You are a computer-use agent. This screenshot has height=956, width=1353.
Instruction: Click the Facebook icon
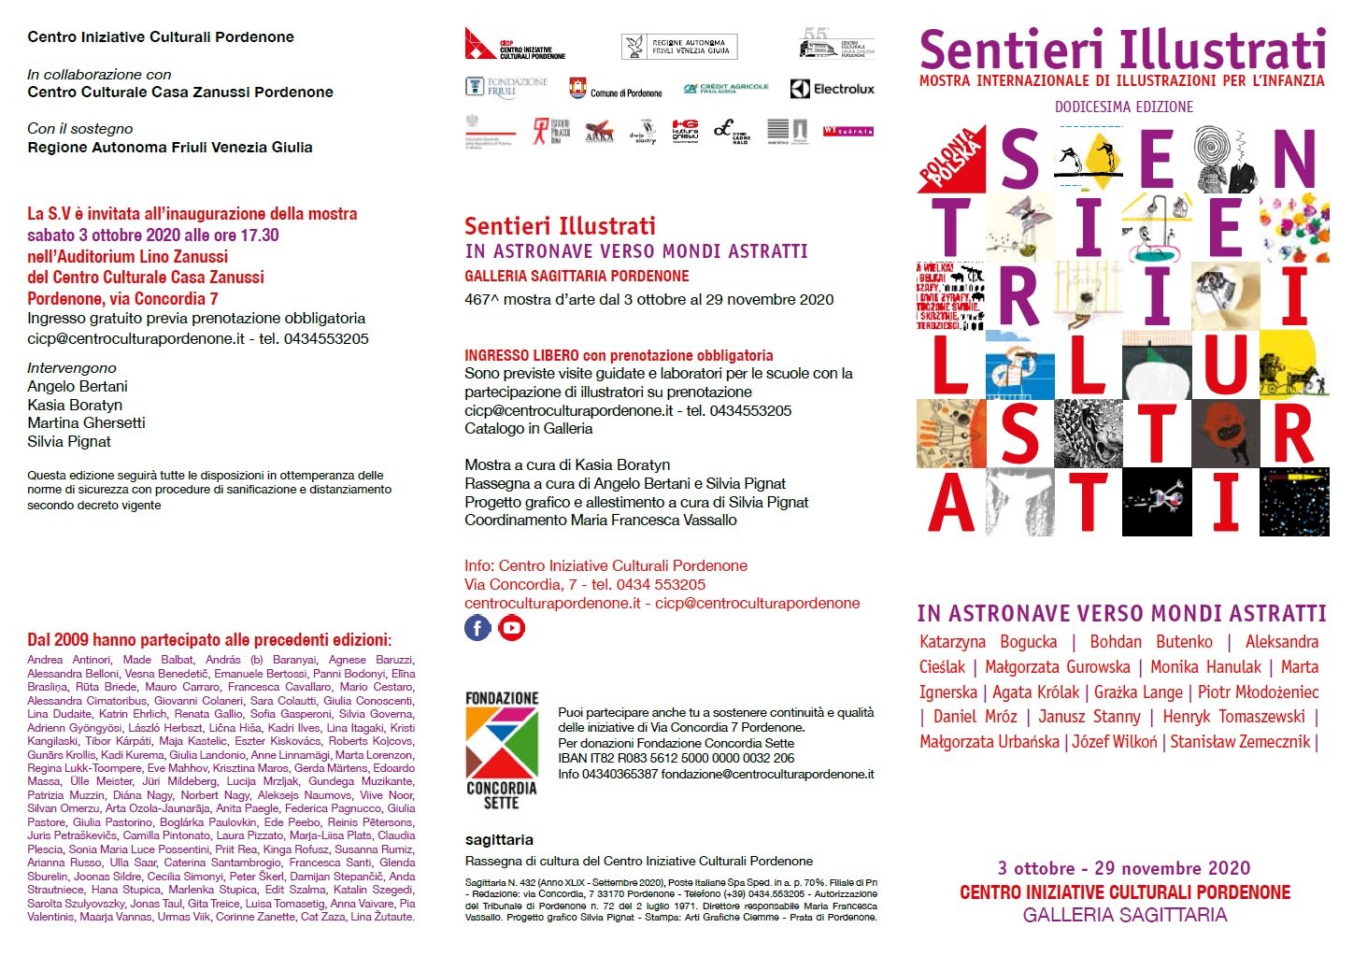tap(477, 628)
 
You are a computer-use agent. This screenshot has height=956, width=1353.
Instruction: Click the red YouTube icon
tap(512, 628)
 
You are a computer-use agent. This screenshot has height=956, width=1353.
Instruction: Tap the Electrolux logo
tap(833, 89)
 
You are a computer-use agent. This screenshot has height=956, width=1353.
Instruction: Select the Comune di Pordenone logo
tap(616, 89)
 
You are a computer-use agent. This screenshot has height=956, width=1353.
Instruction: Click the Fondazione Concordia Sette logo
tap(502, 750)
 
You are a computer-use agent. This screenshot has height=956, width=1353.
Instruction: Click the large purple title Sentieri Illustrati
tap(1122, 49)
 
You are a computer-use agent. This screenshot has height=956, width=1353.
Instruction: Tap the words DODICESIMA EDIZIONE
tap(1123, 107)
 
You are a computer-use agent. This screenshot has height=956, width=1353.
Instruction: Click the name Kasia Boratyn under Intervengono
tap(75, 405)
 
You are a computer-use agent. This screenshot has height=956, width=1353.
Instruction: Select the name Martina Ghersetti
tap(86, 422)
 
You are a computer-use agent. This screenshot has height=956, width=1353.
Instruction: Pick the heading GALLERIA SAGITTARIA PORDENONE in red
tap(577, 276)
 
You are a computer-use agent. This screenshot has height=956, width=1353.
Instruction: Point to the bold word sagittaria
tap(499, 839)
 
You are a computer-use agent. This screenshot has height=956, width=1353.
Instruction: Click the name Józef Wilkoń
tap(1114, 741)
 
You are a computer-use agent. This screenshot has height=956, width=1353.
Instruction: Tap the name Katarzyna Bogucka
tap(988, 641)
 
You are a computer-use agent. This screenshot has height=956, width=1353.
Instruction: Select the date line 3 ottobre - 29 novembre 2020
tap(1123, 868)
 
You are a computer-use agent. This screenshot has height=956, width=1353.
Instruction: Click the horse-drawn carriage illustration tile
tap(1293, 366)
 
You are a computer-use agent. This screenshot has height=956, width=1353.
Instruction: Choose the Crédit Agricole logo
tap(726, 88)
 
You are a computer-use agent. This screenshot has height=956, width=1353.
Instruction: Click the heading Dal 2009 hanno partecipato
tap(209, 640)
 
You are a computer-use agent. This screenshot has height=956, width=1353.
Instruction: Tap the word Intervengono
tap(72, 368)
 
